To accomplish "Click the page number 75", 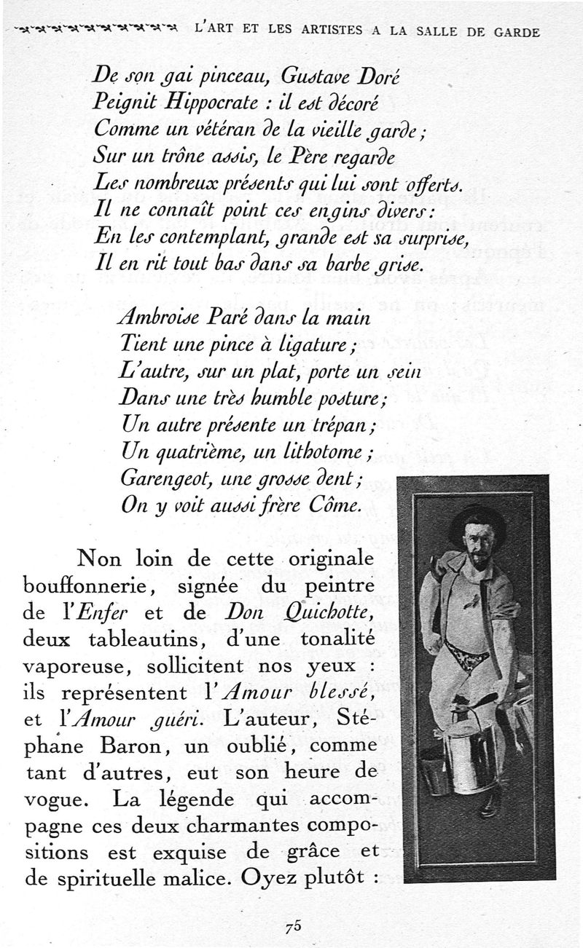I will pyautogui.click(x=293, y=927).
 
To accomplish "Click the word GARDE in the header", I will pyautogui.click(x=516, y=32).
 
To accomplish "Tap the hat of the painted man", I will pyautogui.click(x=477, y=519).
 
